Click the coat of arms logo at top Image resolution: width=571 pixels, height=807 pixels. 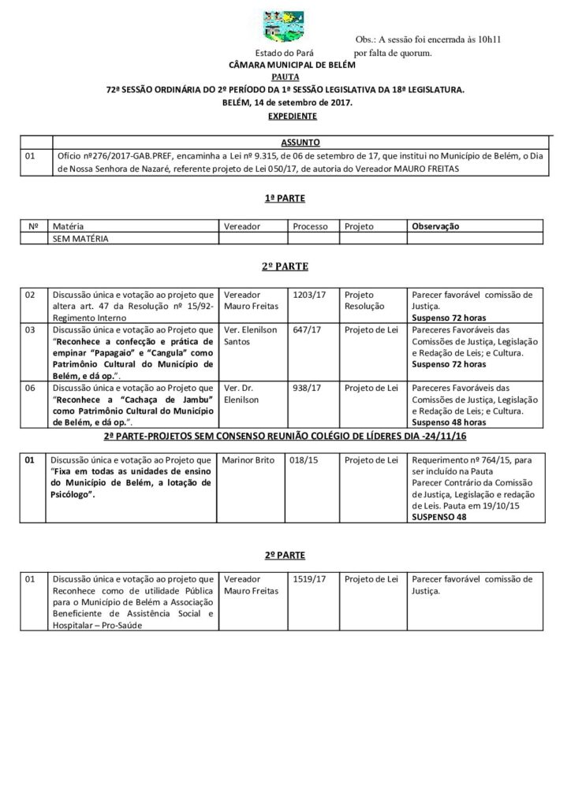pos(285,28)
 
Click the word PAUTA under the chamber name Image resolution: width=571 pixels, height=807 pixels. pos(285,79)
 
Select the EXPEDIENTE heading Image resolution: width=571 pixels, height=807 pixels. pos(292,115)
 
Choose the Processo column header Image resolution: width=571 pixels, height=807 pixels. pos(310,226)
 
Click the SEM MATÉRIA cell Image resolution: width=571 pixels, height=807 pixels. pos(80,237)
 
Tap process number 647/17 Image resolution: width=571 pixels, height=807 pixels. pos(302,330)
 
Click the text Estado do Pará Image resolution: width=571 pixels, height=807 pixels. pos(290,53)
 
